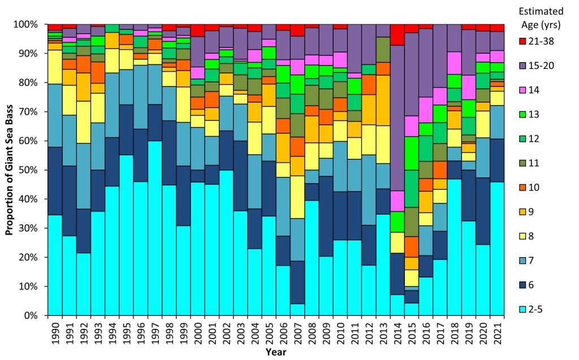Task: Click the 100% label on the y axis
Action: [x=27, y=25]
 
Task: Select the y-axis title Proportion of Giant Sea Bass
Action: [x=10, y=170]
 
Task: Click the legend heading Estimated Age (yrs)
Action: [x=542, y=17]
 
